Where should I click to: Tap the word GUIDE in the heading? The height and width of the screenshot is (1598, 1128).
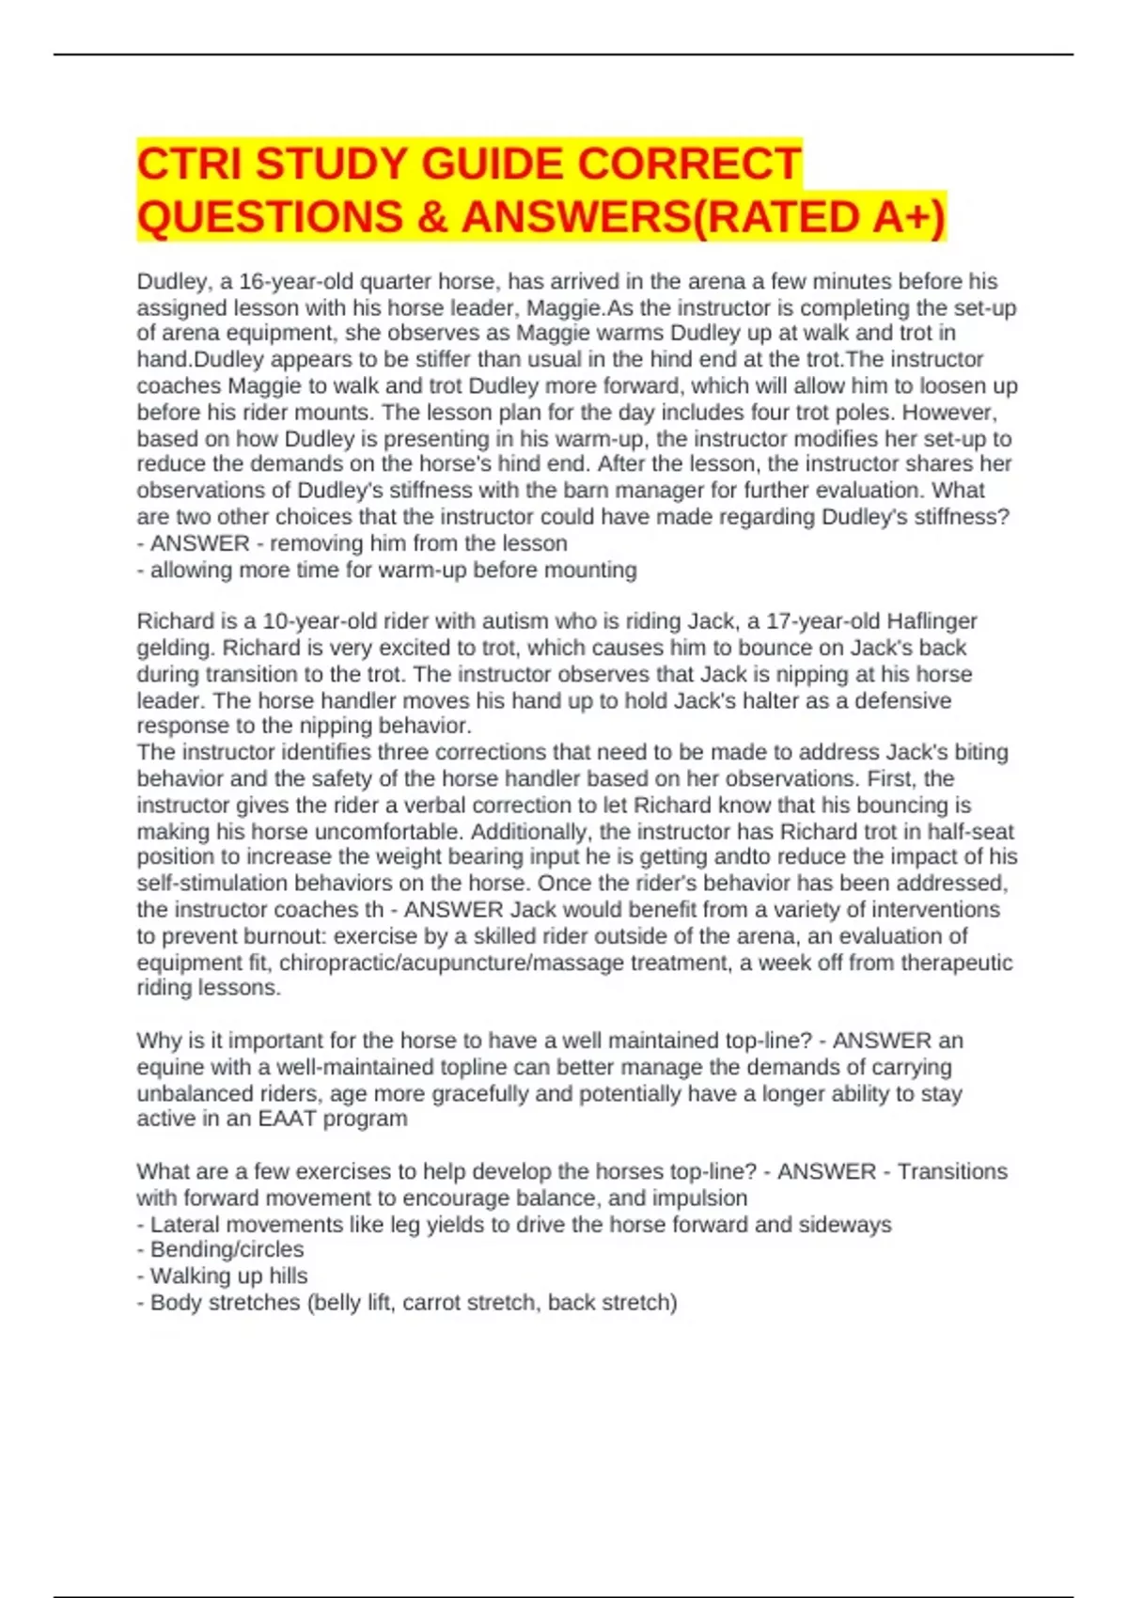[x=492, y=164]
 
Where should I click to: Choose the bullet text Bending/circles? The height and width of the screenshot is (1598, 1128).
[x=227, y=1249]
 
